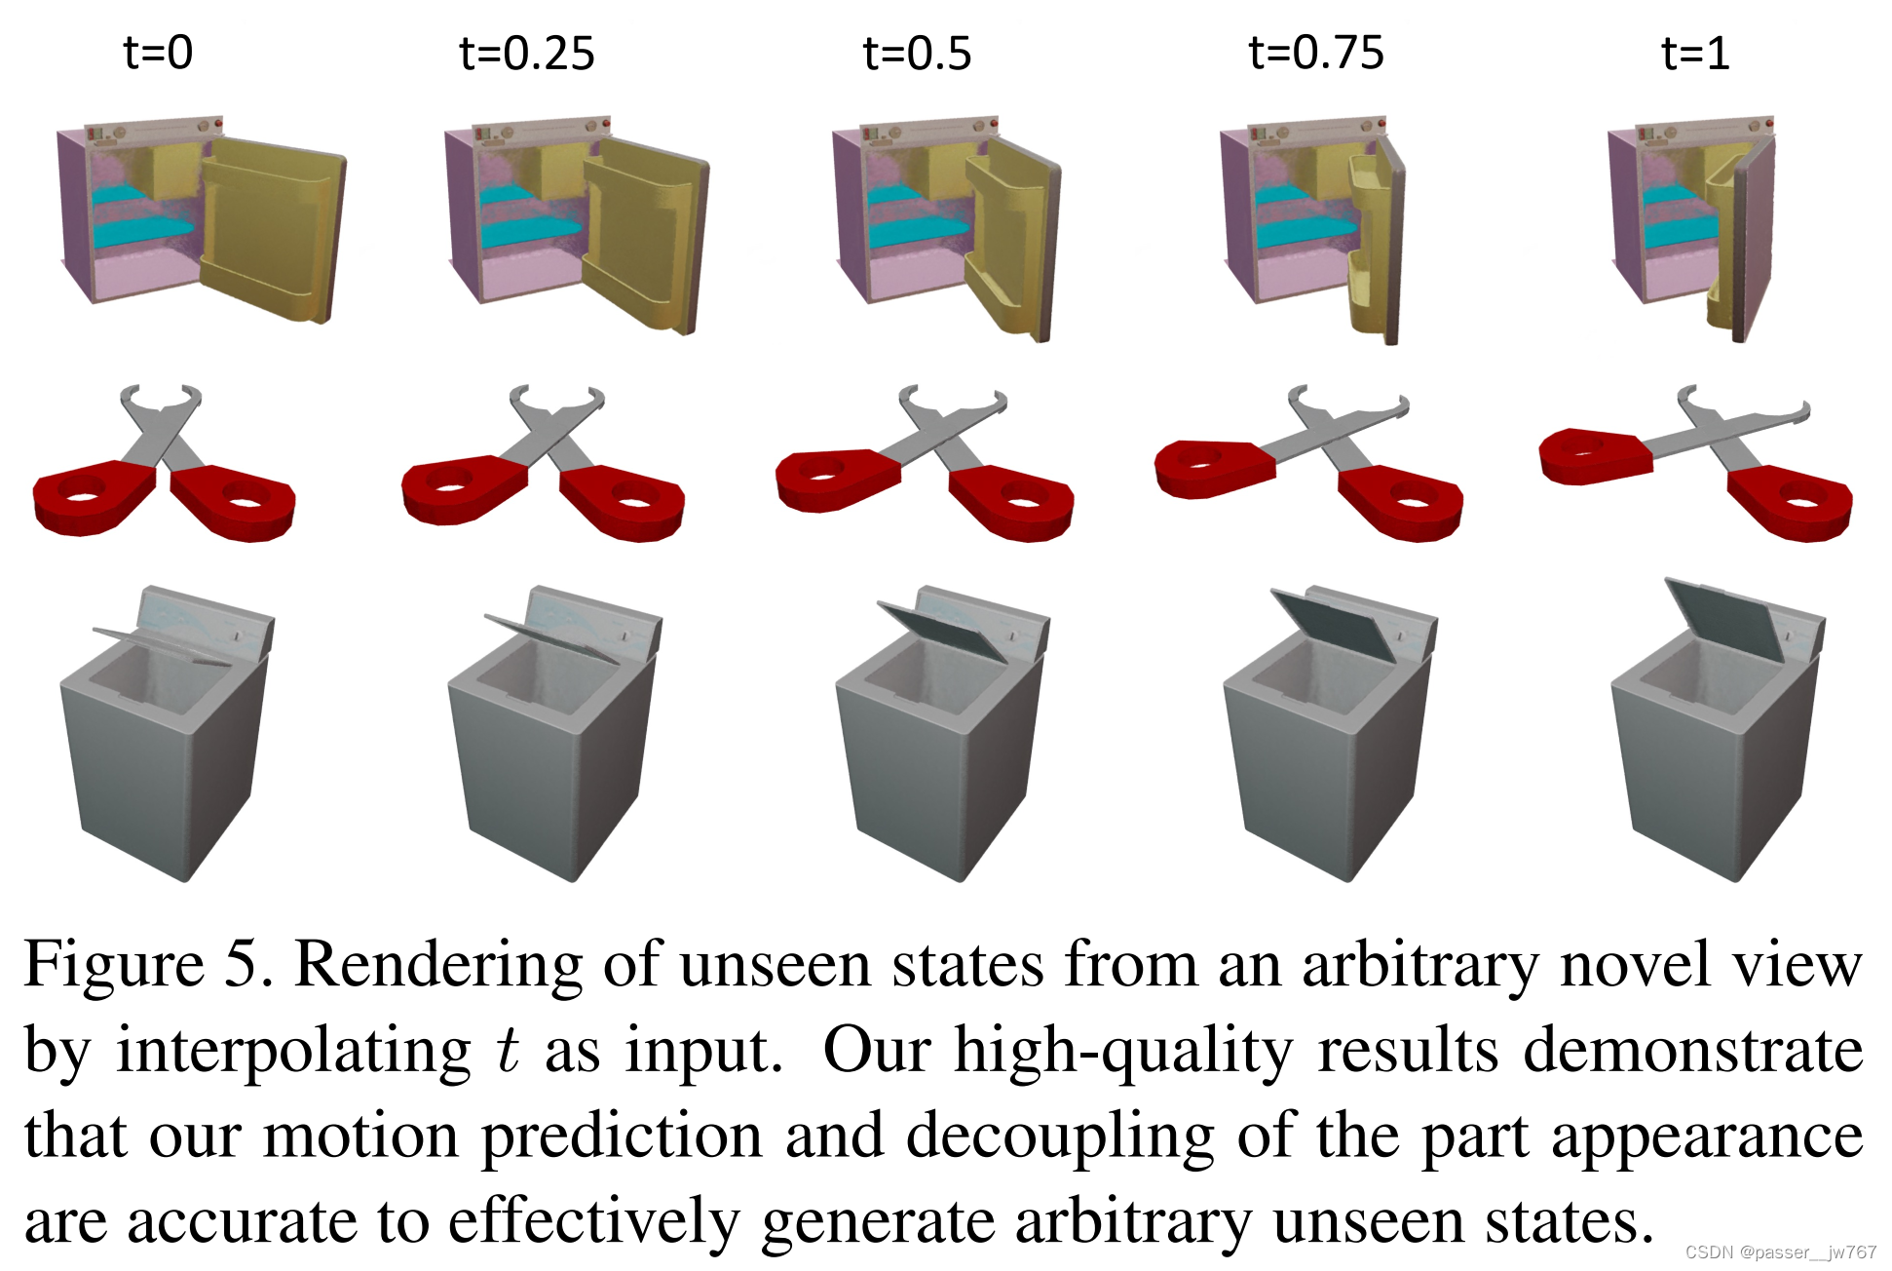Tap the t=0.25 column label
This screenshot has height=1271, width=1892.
526,53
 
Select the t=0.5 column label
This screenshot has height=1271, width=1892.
917,53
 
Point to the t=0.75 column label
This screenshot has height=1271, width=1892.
1315,53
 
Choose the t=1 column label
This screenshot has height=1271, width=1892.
1695,53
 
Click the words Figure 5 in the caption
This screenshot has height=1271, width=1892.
146,965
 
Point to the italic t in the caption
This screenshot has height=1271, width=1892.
508,1051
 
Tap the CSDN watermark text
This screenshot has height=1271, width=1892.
1780,1252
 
